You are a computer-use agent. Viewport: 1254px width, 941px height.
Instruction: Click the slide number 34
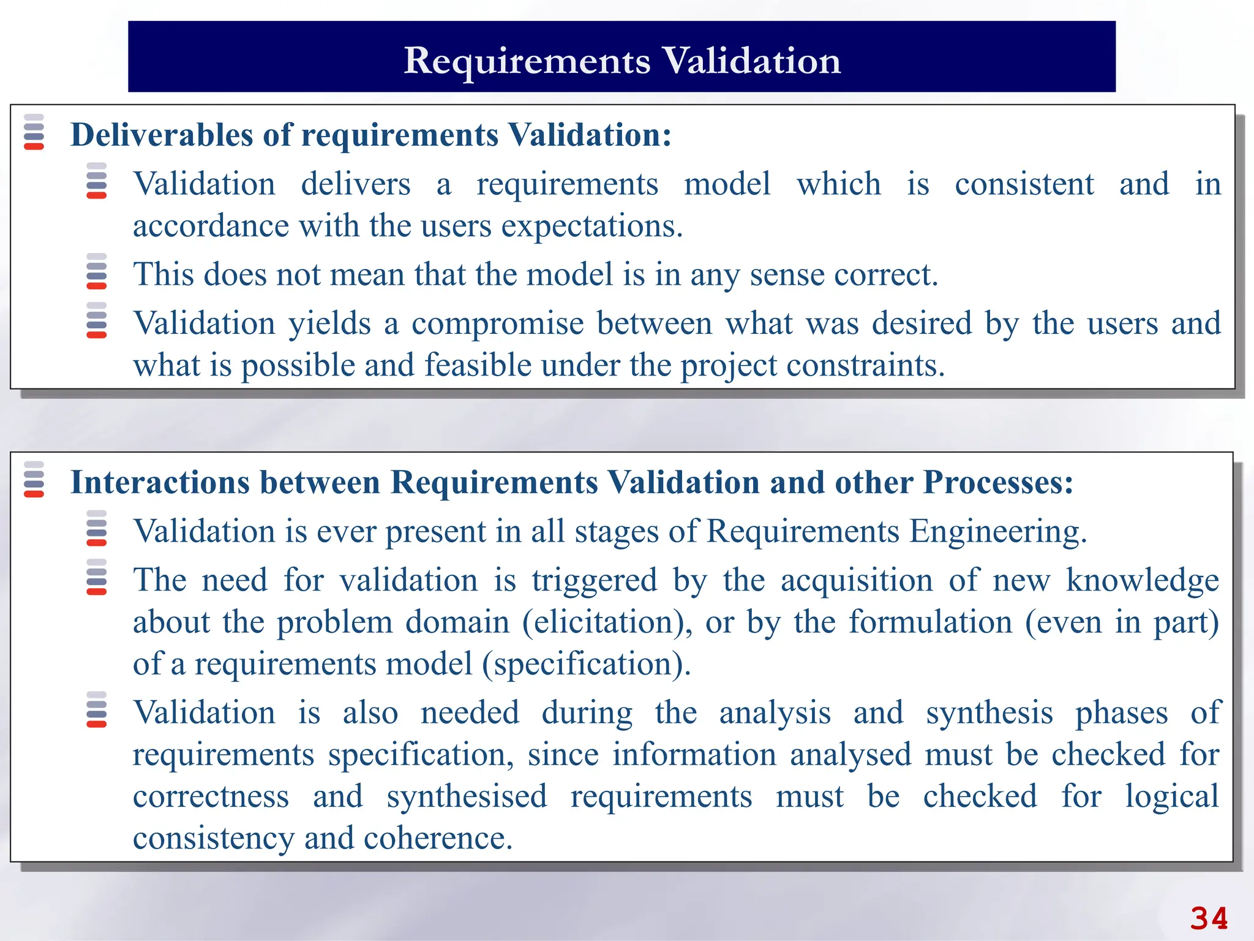click(x=1209, y=918)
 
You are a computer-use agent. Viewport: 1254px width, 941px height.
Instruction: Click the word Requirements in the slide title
click(x=527, y=61)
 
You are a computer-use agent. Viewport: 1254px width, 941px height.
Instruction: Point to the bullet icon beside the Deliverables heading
click(x=34, y=132)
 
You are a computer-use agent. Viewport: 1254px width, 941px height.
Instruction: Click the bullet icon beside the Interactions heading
click(x=34, y=479)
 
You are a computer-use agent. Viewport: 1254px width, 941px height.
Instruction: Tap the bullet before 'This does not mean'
click(x=97, y=271)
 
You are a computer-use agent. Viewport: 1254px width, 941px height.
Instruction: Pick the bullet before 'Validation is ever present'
click(x=97, y=528)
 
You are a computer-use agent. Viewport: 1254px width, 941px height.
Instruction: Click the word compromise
click(x=497, y=323)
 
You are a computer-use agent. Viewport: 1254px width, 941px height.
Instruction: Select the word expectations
click(x=592, y=227)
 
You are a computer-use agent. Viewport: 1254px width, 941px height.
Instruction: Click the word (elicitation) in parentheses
click(x=607, y=622)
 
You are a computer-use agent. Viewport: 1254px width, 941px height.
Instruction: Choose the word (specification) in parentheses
click(x=586, y=664)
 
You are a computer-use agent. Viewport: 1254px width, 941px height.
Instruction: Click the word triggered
click(x=594, y=580)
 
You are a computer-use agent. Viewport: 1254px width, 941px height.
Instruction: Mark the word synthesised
click(x=467, y=796)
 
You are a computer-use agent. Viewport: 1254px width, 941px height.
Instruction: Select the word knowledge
click(x=1143, y=580)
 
